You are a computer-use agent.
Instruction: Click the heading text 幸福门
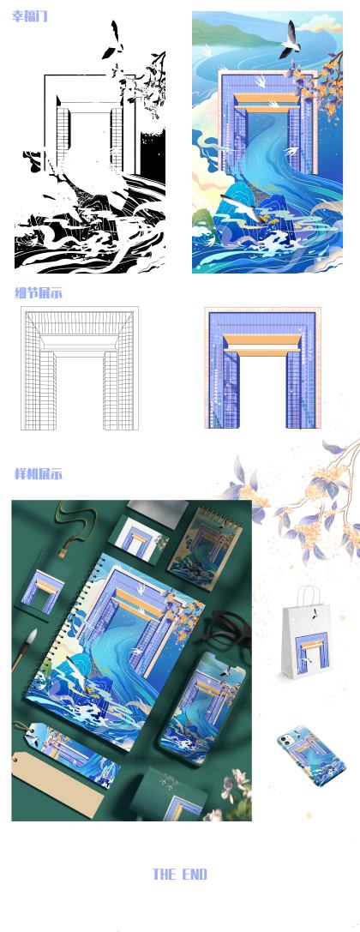pos(30,16)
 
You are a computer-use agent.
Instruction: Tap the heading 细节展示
pos(38,293)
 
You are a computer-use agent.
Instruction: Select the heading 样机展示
pos(38,474)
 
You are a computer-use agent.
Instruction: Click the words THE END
pos(179,875)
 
